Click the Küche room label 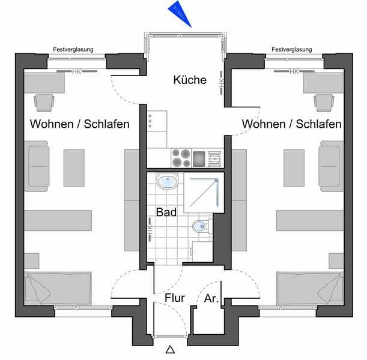pyautogui.click(x=190, y=80)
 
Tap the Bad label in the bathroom pyautogui.click(x=166, y=212)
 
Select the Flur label pyautogui.click(x=174, y=298)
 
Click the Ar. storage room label pyautogui.click(x=211, y=298)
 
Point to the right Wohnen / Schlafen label pyautogui.click(x=292, y=124)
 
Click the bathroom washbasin pyautogui.click(x=166, y=181)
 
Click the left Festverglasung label pyautogui.click(x=73, y=50)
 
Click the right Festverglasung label pyautogui.click(x=292, y=50)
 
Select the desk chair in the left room pyautogui.click(x=44, y=103)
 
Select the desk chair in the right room pyautogui.click(x=323, y=103)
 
